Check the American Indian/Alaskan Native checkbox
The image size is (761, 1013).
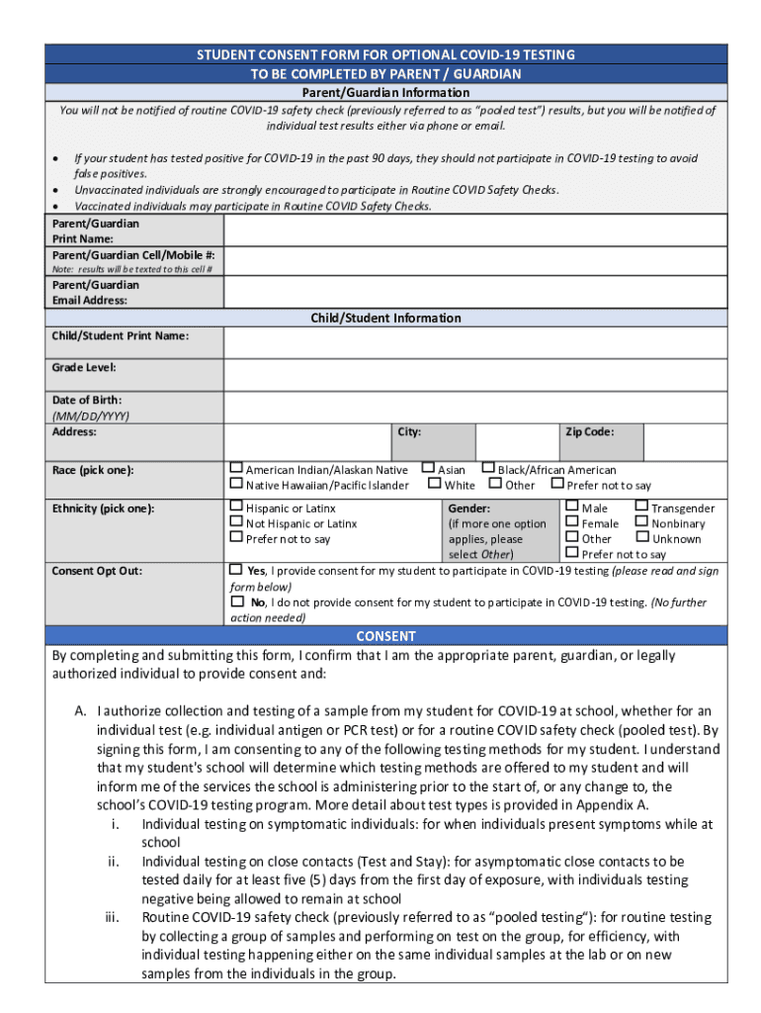pos(236,469)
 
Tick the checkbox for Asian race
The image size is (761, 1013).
pos(428,469)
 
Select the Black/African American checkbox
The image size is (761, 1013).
pos(488,469)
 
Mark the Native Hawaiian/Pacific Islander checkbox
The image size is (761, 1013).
pos(236,484)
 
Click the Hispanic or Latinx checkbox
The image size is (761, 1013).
pos(236,507)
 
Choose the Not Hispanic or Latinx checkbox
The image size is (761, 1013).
pos(236,522)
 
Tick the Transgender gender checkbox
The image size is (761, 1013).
pos(641,507)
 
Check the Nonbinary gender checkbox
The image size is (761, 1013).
pos(641,522)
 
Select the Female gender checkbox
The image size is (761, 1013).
pos(572,522)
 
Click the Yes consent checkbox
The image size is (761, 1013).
pos(236,570)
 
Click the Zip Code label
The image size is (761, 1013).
pos(589,432)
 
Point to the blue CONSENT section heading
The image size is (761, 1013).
pos(385,636)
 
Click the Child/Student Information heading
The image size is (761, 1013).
pos(385,318)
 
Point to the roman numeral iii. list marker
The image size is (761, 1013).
pos(113,918)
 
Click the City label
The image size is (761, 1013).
pos(409,432)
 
